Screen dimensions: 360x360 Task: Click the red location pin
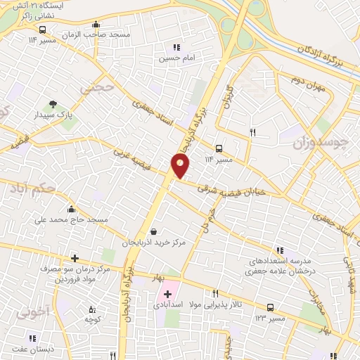pyautogui.click(x=180, y=165)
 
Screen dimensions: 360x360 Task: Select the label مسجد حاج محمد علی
pyautogui.click(x=72, y=220)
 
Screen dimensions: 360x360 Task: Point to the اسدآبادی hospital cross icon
pyautogui.click(x=167, y=294)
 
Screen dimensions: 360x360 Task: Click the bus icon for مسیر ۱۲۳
pyautogui.click(x=270, y=308)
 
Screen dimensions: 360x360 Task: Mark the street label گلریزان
pyautogui.click(x=227, y=98)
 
